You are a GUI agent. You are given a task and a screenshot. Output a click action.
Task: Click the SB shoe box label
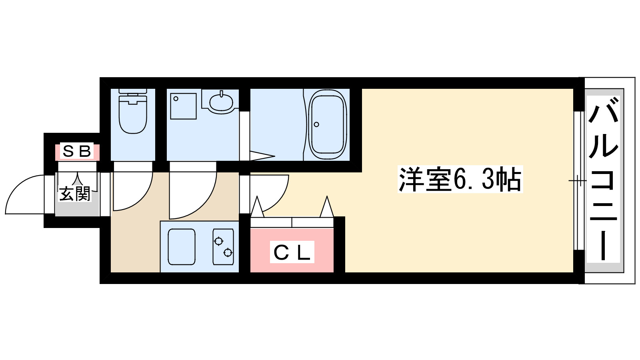[x=77, y=152]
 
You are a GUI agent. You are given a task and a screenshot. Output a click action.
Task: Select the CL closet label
[x=292, y=252]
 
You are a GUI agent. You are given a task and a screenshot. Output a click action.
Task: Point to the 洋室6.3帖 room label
[x=460, y=180]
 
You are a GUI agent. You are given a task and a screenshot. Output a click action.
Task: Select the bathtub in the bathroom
[x=327, y=124]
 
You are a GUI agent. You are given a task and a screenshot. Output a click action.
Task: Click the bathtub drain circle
[x=316, y=124]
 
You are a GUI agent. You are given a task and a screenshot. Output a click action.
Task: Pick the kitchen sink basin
[x=182, y=247]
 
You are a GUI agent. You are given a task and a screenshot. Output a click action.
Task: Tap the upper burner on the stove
[x=218, y=241]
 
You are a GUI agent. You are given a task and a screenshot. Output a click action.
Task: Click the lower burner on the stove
[x=228, y=252]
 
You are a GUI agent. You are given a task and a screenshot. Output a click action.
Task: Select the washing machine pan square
[x=183, y=106]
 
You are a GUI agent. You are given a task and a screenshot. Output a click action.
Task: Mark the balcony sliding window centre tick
[x=577, y=181]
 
